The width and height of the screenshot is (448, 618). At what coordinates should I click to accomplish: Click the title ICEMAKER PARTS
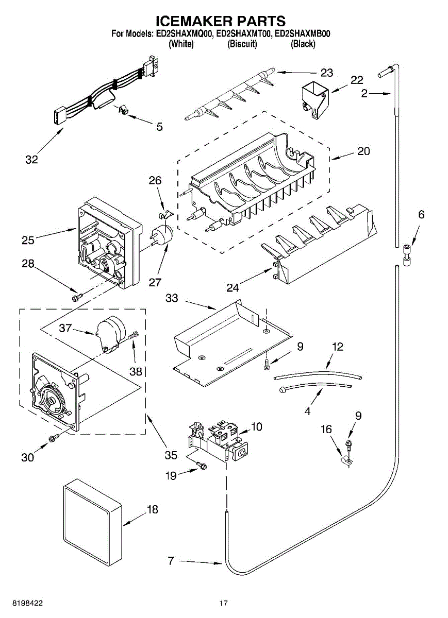point(221,21)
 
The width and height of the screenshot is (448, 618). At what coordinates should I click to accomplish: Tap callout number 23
point(326,72)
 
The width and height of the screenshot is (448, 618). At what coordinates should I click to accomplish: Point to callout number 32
point(31,160)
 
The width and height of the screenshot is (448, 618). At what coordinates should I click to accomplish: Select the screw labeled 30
point(53,438)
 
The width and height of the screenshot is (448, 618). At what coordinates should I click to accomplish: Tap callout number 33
point(172,298)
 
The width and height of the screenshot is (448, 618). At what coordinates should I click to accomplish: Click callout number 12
point(337,347)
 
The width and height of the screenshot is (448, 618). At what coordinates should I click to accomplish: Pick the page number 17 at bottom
point(223,603)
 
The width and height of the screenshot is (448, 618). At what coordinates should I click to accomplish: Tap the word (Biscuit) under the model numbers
point(242,44)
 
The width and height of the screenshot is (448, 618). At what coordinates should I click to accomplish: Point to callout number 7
point(171,561)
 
